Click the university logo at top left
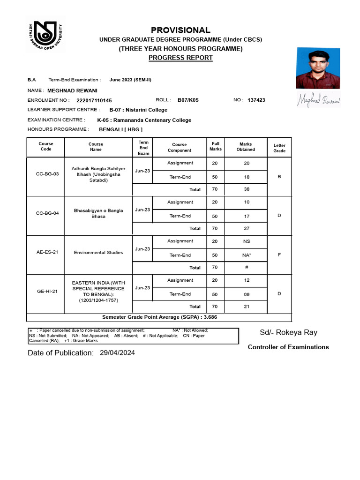44,36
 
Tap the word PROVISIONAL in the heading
180,30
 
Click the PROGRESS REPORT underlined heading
180,58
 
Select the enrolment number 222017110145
94,100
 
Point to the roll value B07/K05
188,100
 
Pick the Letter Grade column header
279,148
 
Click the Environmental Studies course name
98,253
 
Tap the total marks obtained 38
246,189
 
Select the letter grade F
279,255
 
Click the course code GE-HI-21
46,292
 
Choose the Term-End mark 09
246,295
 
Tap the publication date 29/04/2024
117,353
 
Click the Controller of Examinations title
288,347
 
